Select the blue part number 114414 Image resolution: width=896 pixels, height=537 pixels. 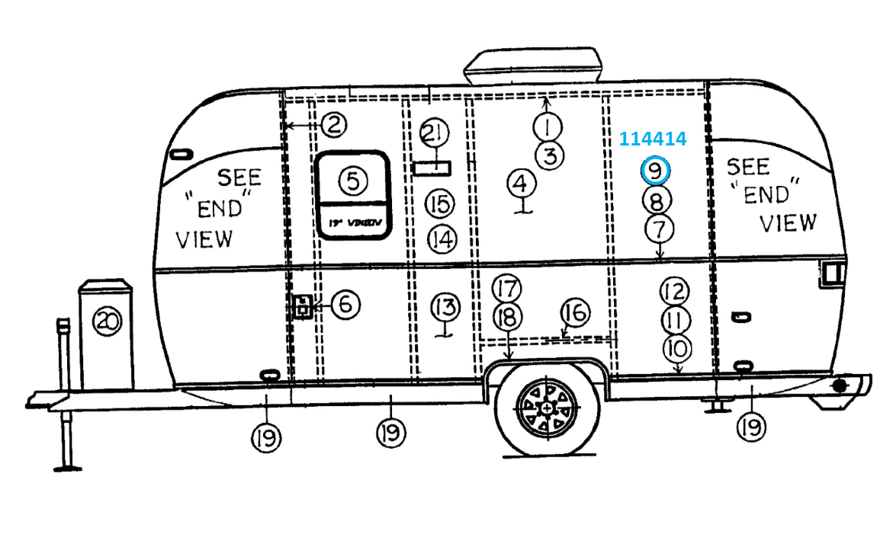(x=652, y=139)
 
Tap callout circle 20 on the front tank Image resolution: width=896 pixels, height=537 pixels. (x=107, y=322)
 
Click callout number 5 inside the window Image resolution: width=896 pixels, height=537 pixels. (x=352, y=181)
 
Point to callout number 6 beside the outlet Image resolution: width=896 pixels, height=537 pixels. (x=345, y=305)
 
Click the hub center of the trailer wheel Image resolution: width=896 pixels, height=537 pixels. (x=548, y=409)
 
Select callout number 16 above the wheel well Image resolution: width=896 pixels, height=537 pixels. (x=576, y=312)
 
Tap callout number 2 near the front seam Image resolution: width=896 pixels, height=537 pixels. (x=333, y=124)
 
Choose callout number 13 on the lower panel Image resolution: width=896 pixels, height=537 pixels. (x=445, y=308)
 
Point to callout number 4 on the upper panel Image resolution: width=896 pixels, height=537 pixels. (x=522, y=184)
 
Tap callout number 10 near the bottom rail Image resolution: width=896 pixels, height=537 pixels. (x=676, y=349)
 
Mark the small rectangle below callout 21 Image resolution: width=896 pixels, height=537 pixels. (x=432, y=167)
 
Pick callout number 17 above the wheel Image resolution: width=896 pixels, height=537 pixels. (x=506, y=289)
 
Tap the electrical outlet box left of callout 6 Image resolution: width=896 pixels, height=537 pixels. (x=303, y=307)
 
